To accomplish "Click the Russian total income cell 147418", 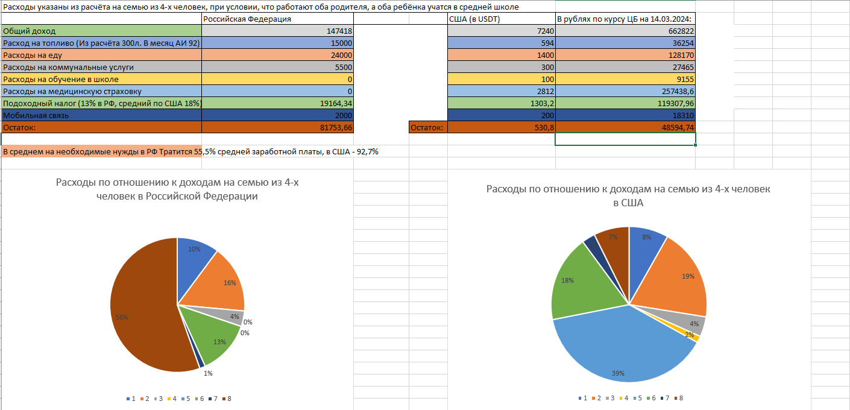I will click(277, 31).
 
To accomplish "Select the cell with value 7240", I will click(501, 31).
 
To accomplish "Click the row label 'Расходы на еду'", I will click(101, 55).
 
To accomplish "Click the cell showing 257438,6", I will click(625, 91).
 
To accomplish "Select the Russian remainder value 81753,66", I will click(277, 127).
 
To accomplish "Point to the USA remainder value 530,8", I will click(501, 127).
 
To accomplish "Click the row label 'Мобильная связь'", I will click(101, 115).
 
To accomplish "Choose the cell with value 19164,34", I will click(277, 103).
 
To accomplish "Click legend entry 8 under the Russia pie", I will click(226, 399).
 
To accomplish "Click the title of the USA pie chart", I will click(628, 196).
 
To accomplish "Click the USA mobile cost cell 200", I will click(501, 115).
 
